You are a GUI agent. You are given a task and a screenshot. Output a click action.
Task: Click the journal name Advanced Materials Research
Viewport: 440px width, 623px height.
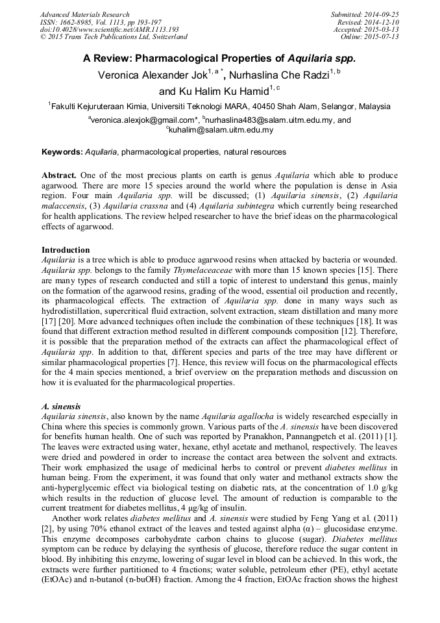click(x=85, y=14)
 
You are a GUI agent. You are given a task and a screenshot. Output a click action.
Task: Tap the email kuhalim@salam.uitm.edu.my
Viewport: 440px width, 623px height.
click(x=221, y=130)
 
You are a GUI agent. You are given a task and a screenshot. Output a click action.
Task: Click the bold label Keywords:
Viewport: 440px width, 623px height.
click(x=62, y=152)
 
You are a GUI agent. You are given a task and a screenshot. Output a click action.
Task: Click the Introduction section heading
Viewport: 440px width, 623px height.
click(x=66, y=250)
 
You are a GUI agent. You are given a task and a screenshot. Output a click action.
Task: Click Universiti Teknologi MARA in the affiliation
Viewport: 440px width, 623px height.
click(x=193, y=107)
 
